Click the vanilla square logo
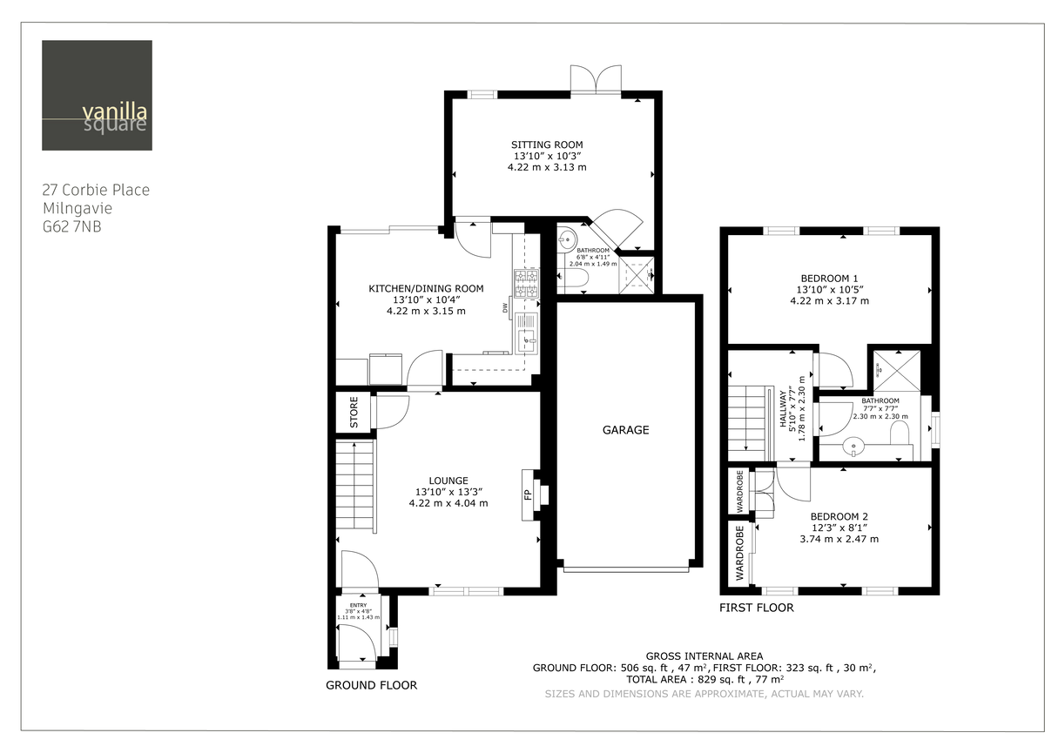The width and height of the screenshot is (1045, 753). click(x=97, y=95)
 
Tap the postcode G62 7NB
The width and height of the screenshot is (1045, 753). click(x=78, y=226)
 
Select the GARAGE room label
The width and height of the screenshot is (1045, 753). click(x=625, y=430)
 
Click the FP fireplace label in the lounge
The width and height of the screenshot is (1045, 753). click(x=528, y=494)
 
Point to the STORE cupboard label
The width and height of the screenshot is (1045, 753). click(x=354, y=412)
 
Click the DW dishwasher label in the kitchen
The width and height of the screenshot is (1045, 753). click(x=505, y=307)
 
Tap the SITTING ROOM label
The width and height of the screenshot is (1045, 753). click(x=546, y=145)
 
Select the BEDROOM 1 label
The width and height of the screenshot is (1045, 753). click(x=829, y=278)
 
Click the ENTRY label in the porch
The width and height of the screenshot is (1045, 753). click(x=358, y=605)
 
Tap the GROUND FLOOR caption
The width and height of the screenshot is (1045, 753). click(x=371, y=685)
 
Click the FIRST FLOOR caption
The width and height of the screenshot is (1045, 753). click(x=756, y=608)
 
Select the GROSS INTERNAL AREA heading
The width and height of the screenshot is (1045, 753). click(x=704, y=656)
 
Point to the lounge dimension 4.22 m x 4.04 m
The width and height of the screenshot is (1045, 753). click(x=448, y=503)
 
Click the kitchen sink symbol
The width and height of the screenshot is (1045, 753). click(x=527, y=340)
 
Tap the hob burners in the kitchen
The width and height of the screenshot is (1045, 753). click(x=527, y=281)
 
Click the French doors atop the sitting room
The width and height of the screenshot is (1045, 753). click(x=596, y=79)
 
